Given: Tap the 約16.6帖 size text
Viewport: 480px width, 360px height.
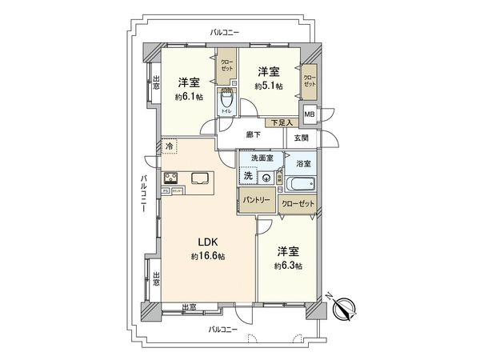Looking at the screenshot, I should pyautogui.click(x=208, y=256).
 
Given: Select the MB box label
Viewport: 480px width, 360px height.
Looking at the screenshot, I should pyautogui.click(x=309, y=114).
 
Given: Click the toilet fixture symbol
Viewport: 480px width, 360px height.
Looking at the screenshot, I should pyautogui.click(x=227, y=102).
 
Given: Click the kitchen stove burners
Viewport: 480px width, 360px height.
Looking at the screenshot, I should pyautogui.click(x=171, y=178).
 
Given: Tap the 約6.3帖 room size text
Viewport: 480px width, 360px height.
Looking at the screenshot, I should pyautogui.click(x=287, y=266).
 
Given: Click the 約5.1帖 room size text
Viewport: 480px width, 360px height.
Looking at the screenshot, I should pyautogui.click(x=269, y=86).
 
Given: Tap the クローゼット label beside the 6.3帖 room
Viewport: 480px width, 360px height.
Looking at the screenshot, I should pyautogui.click(x=298, y=203).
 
